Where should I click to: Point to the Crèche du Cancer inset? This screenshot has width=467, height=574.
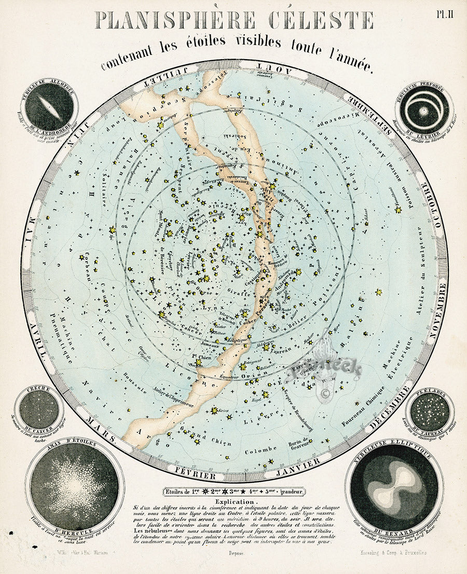[x=38, y=409]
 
